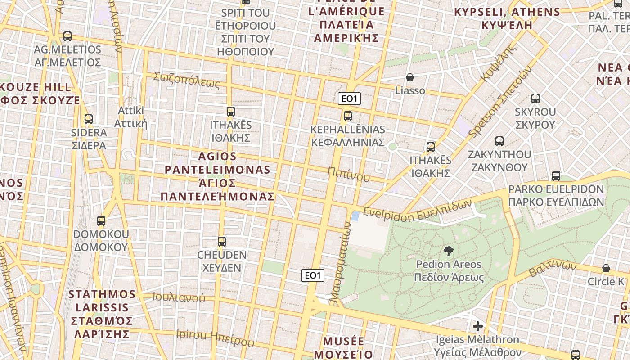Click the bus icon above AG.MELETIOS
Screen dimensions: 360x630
[x=67, y=36]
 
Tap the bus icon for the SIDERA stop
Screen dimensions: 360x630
[x=89, y=119]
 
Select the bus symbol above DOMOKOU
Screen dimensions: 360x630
[x=101, y=221]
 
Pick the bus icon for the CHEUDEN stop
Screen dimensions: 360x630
[x=221, y=242]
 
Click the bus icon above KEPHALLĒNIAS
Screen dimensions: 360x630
[x=347, y=116]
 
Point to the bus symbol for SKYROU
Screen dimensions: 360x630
[x=535, y=99]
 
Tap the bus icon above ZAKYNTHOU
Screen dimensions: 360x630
[x=499, y=141]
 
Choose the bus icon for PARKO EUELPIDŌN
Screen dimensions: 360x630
[x=556, y=176]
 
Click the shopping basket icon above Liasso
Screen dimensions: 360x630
[x=409, y=77]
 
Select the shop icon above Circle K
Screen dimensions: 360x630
[x=606, y=268]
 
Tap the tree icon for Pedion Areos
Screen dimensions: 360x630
[x=448, y=251]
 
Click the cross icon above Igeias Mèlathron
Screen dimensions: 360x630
[x=478, y=326]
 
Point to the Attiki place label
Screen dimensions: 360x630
[x=130, y=117]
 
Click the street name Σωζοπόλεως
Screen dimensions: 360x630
[x=186, y=80]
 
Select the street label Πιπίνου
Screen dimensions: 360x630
[x=349, y=174]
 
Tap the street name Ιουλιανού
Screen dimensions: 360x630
[x=179, y=297]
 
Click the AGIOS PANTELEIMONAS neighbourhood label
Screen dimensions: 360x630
[x=218, y=176]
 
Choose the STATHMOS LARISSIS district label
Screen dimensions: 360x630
[x=102, y=314]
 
